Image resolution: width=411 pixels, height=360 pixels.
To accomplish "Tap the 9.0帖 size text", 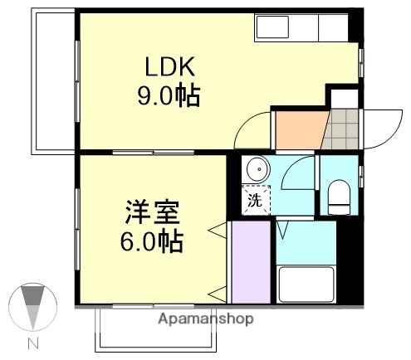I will (x=169, y=97).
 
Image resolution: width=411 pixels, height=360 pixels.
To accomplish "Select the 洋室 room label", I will (x=150, y=213).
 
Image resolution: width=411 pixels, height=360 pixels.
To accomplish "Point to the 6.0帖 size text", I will (x=149, y=242).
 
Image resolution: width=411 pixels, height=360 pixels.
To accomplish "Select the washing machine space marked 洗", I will (x=256, y=198).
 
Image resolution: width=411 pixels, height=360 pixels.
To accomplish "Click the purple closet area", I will (x=251, y=261).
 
